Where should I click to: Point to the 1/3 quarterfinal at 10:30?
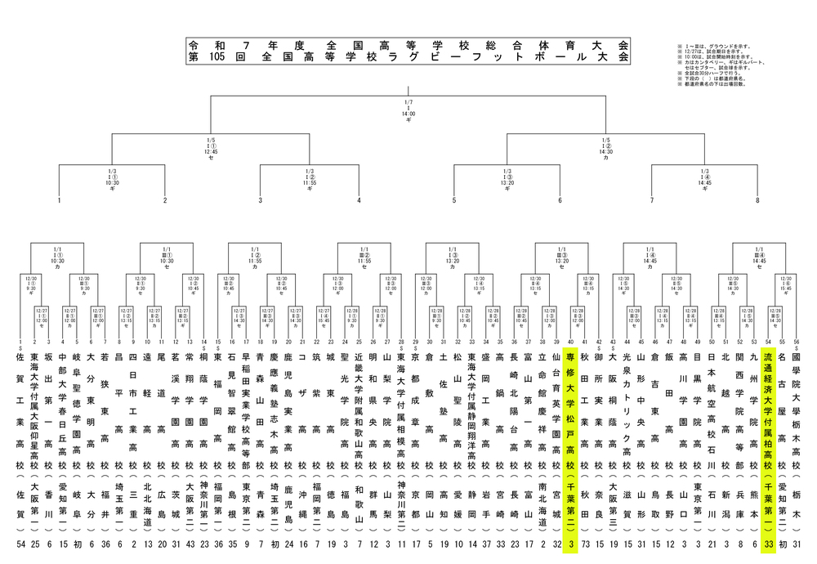click(x=113, y=183)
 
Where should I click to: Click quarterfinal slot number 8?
click(x=757, y=200)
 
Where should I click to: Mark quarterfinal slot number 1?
click(x=60, y=200)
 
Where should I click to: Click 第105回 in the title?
click(x=222, y=58)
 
